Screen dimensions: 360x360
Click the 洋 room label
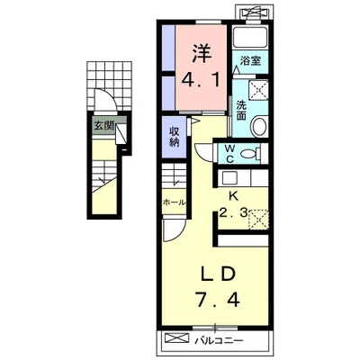(x=202, y=53)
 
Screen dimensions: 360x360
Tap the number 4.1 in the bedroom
(x=201, y=80)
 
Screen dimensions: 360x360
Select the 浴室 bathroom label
(x=250, y=61)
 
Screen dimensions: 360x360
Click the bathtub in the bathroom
(x=250, y=38)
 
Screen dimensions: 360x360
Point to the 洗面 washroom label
(x=241, y=111)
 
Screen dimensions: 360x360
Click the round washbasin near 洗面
(x=259, y=126)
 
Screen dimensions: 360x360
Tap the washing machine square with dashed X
(x=258, y=89)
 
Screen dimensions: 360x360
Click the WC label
(x=229, y=154)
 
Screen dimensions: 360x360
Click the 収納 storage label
(x=174, y=137)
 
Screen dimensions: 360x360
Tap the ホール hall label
(x=174, y=202)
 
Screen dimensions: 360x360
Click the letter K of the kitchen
(x=233, y=196)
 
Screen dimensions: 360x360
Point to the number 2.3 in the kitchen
(x=233, y=213)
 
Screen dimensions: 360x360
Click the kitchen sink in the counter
(x=229, y=178)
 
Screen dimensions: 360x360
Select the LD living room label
(x=218, y=275)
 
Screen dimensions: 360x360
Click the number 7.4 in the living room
(x=218, y=299)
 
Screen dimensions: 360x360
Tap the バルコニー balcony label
(x=219, y=341)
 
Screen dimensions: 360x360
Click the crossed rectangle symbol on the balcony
(x=177, y=338)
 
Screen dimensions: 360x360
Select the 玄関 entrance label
(x=103, y=126)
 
